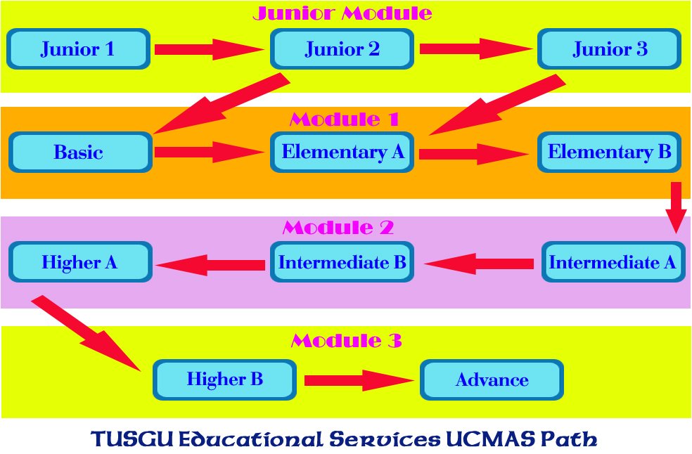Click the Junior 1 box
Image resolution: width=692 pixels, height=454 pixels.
point(78,49)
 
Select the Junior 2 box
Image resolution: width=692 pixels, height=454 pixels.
point(342,49)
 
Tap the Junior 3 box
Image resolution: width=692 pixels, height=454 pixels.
point(609,49)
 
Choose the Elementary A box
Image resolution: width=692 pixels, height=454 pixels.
point(342,152)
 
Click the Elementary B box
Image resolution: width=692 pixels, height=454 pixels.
point(609,152)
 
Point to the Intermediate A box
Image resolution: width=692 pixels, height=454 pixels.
point(613,263)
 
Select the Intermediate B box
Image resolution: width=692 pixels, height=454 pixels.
point(342,263)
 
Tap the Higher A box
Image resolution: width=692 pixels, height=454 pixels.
point(80,263)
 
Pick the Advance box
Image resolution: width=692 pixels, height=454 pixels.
point(492,380)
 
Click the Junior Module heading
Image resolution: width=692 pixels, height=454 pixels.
point(342,13)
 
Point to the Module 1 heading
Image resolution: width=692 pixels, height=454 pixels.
point(345,119)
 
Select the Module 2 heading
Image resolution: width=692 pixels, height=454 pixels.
point(338,228)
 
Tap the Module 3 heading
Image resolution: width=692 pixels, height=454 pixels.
point(346,342)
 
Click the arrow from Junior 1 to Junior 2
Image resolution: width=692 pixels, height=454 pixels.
point(209,49)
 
